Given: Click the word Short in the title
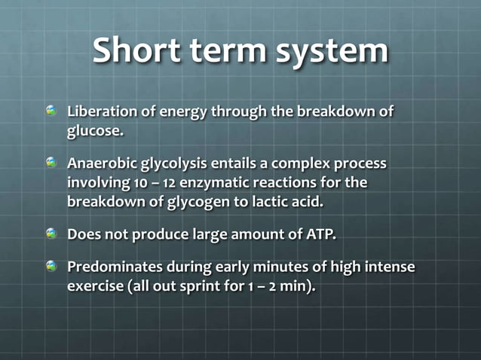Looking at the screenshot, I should [137, 51].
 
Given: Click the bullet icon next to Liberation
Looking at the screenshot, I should [51, 111].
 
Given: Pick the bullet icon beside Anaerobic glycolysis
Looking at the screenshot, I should [51, 163].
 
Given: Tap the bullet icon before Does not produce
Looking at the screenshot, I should [51, 233].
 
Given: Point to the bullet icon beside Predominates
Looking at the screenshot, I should [51, 267].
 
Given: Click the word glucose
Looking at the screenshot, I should [95, 131].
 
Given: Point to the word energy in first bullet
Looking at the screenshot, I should [185, 112].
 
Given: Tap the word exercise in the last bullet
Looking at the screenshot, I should [94, 286].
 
